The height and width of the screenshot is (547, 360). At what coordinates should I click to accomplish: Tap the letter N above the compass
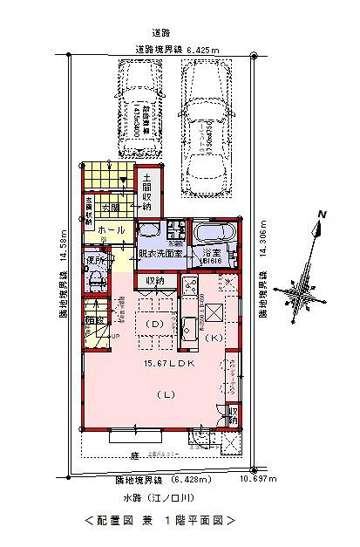pos(322,215)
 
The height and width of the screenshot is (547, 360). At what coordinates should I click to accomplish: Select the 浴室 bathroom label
pos(211,253)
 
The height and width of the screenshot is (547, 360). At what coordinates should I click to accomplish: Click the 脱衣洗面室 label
pos(160,253)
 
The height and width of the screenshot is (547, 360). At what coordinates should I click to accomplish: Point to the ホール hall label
pos(109,230)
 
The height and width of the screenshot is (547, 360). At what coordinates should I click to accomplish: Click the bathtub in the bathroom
pos(211,234)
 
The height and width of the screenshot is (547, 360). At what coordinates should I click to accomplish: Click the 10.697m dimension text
pos(258,479)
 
